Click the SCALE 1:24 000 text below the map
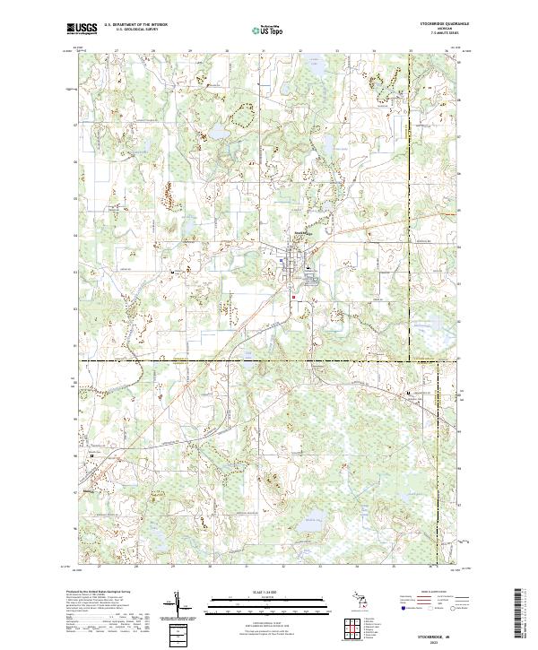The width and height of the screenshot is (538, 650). click(270, 593)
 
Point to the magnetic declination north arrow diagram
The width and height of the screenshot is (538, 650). click(177, 605)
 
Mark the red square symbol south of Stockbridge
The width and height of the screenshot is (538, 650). click(293, 297)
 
